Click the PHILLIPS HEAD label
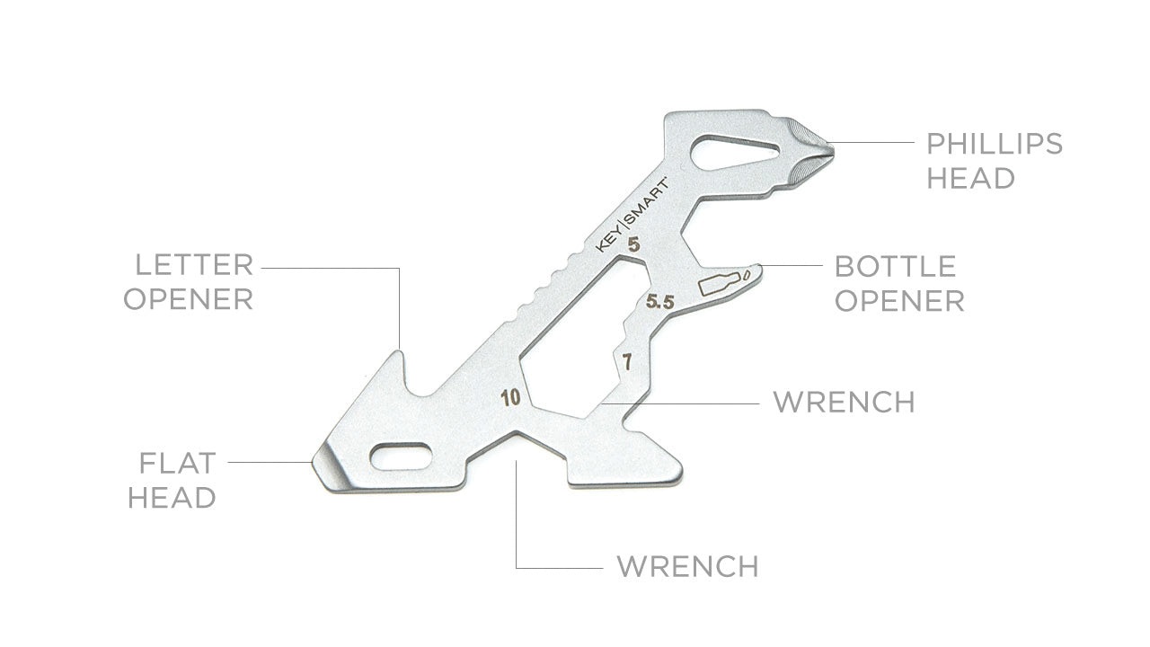coord(994,160)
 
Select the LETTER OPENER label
coord(188,281)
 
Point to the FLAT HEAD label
coord(172,480)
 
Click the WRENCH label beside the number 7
coord(844,402)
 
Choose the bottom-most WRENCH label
coord(686,567)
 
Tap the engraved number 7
coord(626,363)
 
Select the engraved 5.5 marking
coord(659,303)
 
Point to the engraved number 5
coord(633,244)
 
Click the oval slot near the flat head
coord(400,456)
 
